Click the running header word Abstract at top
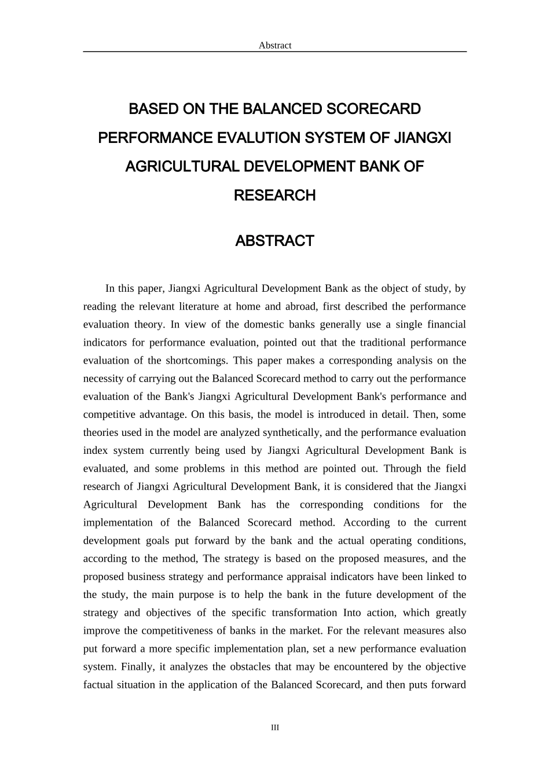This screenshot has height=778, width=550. coord(275,45)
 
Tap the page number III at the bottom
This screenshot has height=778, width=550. coord(275,728)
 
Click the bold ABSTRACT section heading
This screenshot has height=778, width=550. coord(274,241)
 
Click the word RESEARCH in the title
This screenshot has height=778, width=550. coord(274,196)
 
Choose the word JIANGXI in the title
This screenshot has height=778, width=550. coord(423,138)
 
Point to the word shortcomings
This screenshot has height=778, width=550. coord(196,360)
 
